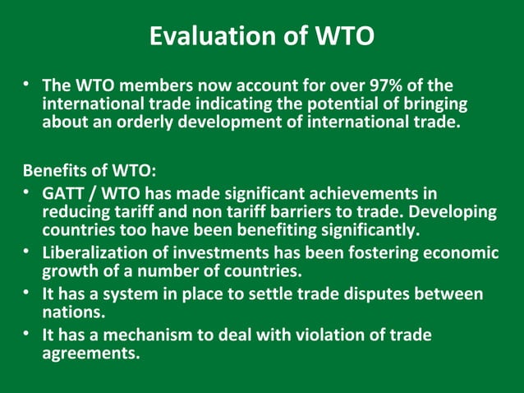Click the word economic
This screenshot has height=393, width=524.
460,252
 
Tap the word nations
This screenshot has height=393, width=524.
73,312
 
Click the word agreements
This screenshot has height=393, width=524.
90,354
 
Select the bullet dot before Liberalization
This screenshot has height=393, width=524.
27,252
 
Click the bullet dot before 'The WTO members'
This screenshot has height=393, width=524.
27,86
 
